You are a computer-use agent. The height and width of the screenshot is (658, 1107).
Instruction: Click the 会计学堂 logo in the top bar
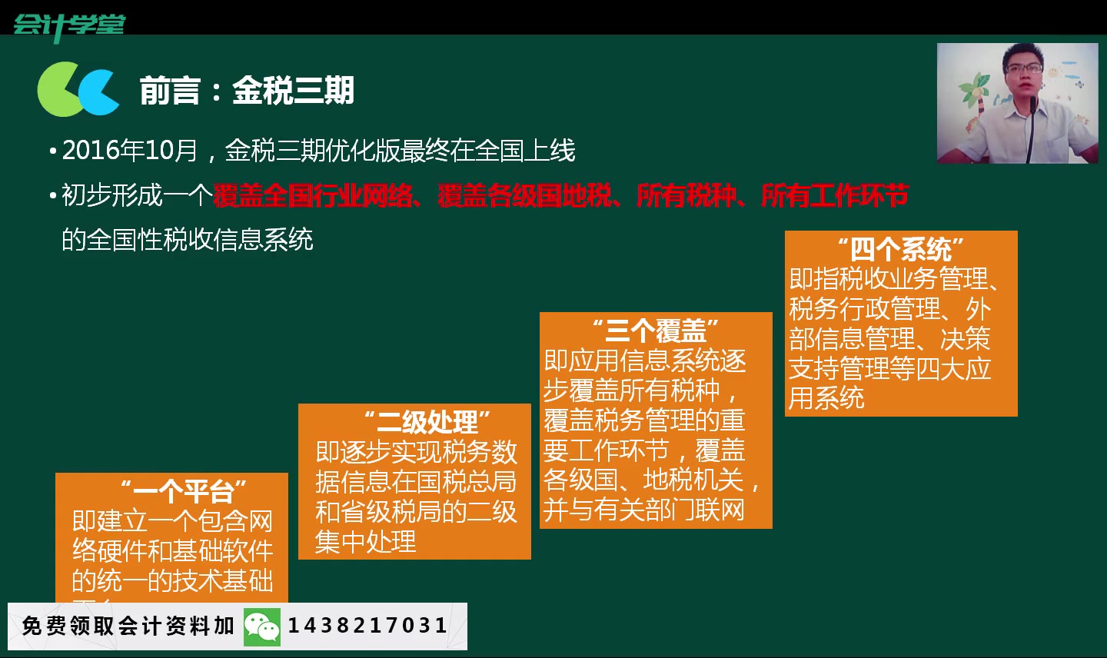click(x=68, y=25)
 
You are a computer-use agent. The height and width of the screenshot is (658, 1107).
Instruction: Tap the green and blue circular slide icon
click(x=77, y=90)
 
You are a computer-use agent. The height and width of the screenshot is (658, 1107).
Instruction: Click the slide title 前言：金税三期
click(x=247, y=91)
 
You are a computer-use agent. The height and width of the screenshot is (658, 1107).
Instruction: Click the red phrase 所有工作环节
click(x=834, y=196)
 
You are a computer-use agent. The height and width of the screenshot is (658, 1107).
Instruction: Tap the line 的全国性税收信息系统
click(x=188, y=240)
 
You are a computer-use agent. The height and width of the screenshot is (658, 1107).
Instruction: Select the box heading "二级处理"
click(x=427, y=422)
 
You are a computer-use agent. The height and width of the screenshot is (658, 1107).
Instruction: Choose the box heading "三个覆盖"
click(x=655, y=331)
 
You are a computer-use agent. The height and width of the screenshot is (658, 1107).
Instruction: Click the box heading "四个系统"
click(x=900, y=249)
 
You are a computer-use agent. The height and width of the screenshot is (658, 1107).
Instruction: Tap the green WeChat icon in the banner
click(x=261, y=627)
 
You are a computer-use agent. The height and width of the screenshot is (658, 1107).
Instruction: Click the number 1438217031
click(x=367, y=626)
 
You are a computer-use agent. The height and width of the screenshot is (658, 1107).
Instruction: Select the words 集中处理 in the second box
click(x=366, y=541)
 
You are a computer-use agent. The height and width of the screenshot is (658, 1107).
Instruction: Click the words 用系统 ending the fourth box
click(x=826, y=398)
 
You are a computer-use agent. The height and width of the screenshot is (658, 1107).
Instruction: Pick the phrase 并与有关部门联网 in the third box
click(x=644, y=510)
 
